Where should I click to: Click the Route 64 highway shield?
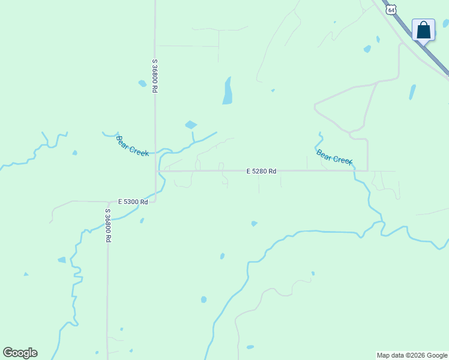pos(391,10)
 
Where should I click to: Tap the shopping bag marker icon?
pos(423,29)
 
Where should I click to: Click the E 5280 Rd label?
pos(261,171)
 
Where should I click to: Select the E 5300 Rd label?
pos(133,202)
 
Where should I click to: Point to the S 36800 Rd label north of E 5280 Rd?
pos(155,76)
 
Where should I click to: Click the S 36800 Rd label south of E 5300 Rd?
pos(108,225)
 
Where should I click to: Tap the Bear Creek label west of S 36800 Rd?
pos(132,146)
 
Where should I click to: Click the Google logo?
pos(20,353)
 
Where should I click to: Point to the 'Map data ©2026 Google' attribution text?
pos(412,355)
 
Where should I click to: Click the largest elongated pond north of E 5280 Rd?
pos(228,91)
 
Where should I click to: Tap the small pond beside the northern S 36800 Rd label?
pos(142,83)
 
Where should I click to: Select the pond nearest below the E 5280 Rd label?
pos(254,224)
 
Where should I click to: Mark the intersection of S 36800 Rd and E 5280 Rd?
pos(158,171)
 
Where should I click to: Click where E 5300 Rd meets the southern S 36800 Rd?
pos(107,202)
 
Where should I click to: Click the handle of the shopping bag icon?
pos(423,25)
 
